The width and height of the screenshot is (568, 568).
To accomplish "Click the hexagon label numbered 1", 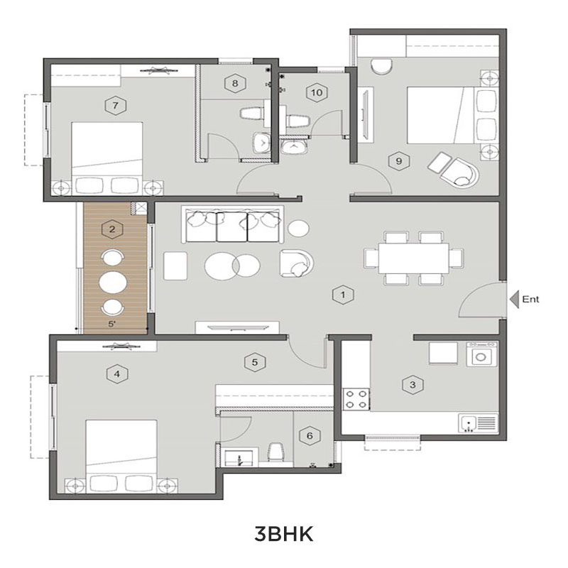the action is click(x=343, y=295).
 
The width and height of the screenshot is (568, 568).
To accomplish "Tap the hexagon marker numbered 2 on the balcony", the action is click(x=112, y=229).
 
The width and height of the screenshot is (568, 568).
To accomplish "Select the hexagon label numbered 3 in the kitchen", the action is click(x=413, y=384).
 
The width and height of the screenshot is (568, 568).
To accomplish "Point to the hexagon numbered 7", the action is click(x=115, y=105).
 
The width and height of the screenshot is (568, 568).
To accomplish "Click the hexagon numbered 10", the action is click(x=317, y=92).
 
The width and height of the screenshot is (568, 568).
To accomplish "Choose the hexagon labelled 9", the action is click(x=399, y=160).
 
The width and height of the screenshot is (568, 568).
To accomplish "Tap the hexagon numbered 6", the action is click(x=310, y=435).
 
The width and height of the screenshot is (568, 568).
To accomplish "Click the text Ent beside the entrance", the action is click(x=530, y=299).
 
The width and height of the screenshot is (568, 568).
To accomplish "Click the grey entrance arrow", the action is click(x=514, y=299).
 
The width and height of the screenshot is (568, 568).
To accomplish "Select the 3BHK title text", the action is click(x=283, y=534).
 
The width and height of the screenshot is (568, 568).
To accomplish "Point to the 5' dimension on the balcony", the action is click(x=112, y=324).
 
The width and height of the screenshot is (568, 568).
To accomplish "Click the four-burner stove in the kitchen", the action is click(x=356, y=399).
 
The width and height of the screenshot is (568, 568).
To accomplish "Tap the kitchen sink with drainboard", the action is click(x=478, y=422).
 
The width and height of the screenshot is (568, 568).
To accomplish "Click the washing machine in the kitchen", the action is click(x=481, y=354).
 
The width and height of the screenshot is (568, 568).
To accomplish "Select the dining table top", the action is click(x=414, y=258).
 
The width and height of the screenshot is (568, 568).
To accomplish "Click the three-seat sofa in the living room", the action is click(x=232, y=224).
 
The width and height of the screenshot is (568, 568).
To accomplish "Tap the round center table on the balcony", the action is click(x=113, y=282).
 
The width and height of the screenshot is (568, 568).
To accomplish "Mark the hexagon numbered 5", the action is click(x=255, y=362).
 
